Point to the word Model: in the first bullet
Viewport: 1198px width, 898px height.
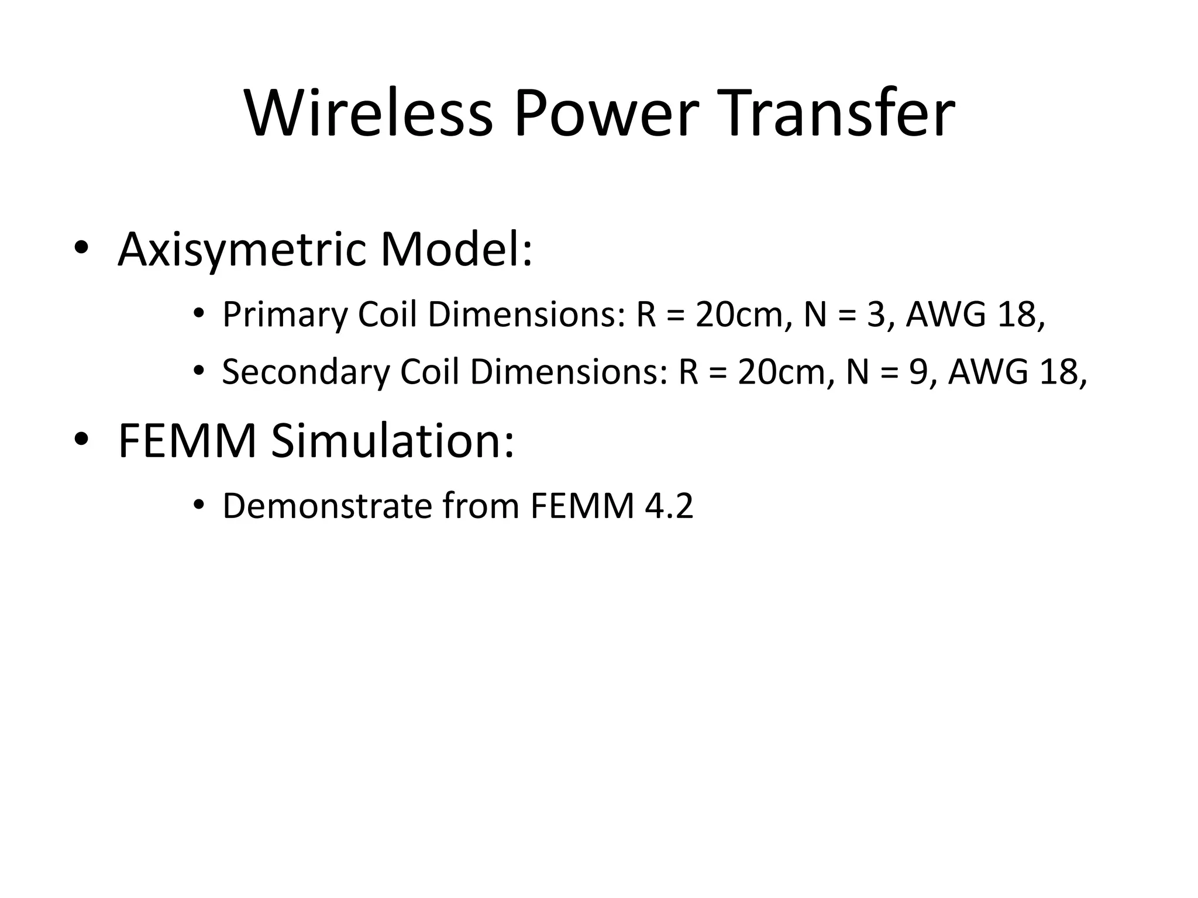point(456,250)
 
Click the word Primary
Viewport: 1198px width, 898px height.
point(284,315)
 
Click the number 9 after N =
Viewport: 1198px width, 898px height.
point(918,372)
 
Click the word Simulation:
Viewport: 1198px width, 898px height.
point(393,441)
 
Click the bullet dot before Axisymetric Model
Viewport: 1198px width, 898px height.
point(81,250)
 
